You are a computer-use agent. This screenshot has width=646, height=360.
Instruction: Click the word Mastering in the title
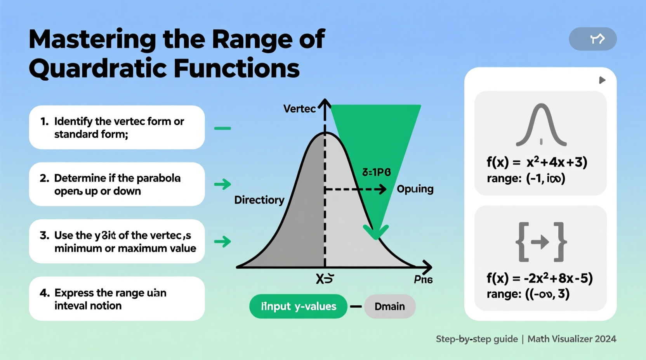[92, 39]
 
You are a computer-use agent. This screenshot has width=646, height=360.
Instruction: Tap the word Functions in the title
[236, 69]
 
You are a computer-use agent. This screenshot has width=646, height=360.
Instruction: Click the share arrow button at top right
[593, 39]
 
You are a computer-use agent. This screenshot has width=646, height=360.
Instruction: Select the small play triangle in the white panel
[602, 80]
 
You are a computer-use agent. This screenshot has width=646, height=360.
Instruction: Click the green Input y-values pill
[298, 306]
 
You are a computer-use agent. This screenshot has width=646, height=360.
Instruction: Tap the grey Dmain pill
[390, 306]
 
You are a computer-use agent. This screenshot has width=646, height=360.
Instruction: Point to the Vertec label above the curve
[299, 109]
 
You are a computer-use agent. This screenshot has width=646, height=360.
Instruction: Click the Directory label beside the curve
[259, 200]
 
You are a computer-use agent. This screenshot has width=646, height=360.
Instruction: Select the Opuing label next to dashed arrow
[415, 189]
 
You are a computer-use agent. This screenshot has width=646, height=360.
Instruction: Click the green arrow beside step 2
[223, 184]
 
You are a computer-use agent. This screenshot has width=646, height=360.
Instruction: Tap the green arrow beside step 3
[223, 242]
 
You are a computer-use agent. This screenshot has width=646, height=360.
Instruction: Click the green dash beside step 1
[222, 128]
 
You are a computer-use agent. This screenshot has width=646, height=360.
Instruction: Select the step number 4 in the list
[45, 293]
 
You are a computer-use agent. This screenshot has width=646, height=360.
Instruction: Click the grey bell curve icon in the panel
[541, 125]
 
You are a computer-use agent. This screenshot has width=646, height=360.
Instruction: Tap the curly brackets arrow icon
[541, 242]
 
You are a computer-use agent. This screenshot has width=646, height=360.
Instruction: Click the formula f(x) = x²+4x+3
[537, 162]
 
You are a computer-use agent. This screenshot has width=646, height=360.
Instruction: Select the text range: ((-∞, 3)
[528, 294]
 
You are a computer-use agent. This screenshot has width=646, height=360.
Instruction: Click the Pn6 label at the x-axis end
[423, 280]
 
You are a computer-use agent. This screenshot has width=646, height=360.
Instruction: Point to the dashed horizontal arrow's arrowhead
[382, 189]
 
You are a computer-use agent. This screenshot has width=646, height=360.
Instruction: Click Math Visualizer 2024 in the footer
[571, 339]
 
